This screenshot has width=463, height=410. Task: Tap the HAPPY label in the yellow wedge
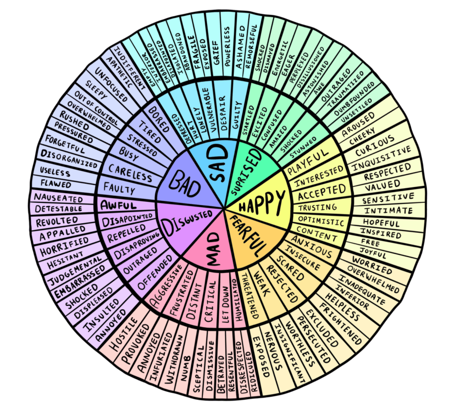263,202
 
